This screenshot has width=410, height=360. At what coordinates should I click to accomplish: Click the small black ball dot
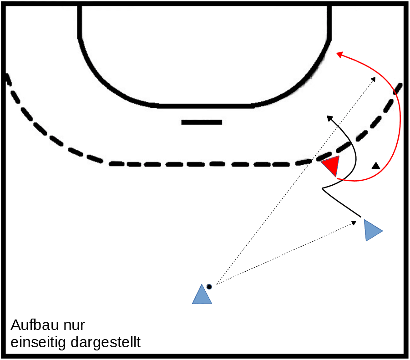(209, 287)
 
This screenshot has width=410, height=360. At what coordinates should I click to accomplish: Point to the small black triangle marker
(376, 166)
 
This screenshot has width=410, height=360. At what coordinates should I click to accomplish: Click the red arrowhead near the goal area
(339, 55)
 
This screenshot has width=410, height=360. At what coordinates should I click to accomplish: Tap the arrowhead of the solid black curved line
(330, 118)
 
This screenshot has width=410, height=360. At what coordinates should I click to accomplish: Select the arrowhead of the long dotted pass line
(374, 79)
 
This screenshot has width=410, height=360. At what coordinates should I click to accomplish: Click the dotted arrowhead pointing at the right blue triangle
(354, 223)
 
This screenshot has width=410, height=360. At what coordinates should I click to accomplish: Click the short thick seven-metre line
(202, 122)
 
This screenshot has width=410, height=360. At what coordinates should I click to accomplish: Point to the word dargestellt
(106, 342)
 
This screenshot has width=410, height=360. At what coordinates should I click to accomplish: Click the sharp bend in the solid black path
(323, 188)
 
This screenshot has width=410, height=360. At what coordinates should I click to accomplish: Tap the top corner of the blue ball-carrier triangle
(202, 284)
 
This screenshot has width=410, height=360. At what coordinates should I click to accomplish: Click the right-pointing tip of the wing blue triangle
(383, 231)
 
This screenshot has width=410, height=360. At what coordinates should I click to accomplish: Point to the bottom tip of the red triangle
(336, 177)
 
